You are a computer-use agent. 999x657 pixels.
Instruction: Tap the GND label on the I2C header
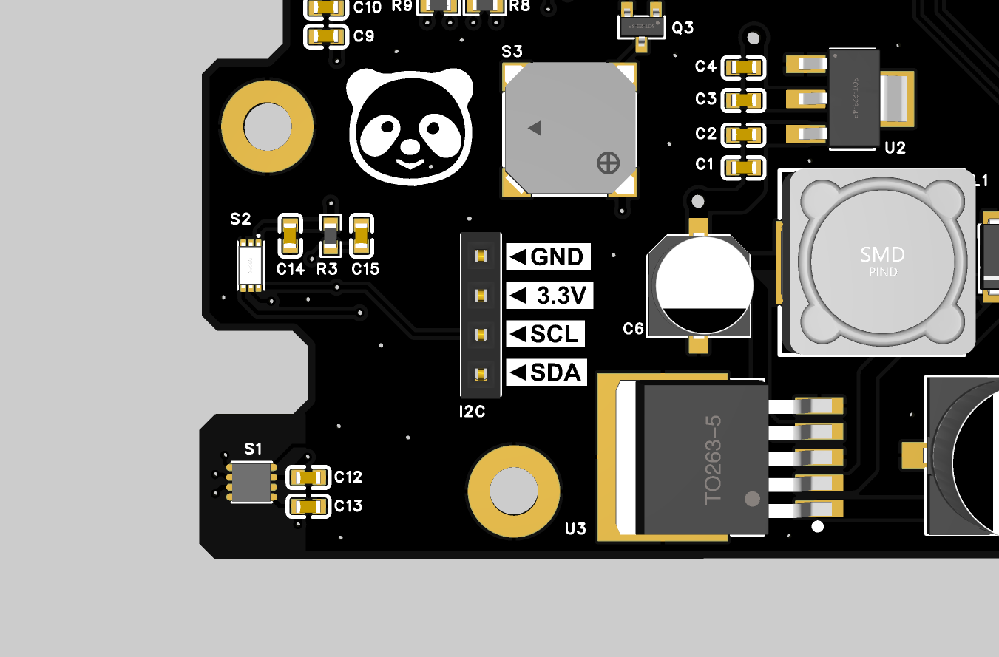549,257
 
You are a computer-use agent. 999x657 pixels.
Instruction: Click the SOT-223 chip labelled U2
854,98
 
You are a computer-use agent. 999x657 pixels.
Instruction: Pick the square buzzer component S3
569,129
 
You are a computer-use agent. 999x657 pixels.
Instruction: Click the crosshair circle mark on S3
608,163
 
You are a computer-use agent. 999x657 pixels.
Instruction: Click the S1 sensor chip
252,482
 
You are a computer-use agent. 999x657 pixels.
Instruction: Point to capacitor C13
308,506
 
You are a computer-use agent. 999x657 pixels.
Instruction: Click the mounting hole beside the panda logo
268,126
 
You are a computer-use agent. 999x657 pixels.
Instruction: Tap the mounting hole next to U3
514,491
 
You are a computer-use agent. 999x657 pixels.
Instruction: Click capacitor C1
744,167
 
